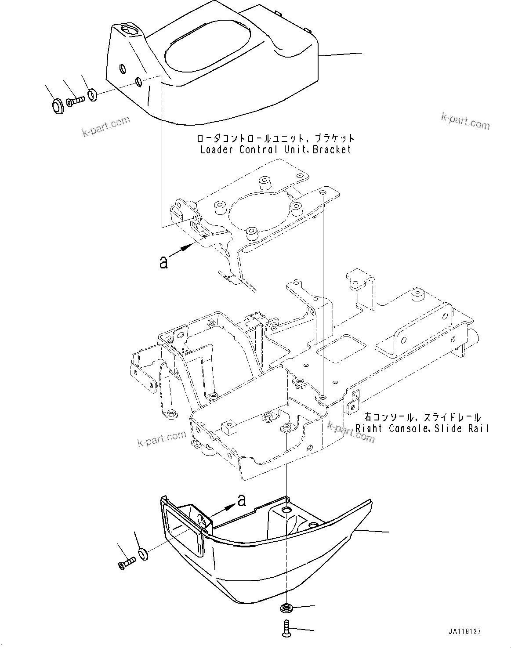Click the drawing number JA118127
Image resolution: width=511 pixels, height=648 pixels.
pyautogui.click(x=464, y=631)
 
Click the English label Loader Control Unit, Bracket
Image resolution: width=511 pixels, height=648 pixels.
pyautogui.click(x=276, y=150)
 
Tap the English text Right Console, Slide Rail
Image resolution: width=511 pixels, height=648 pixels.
pyautogui.click(x=422, y=428)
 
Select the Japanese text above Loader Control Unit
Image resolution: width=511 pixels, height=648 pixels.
pyautogui.click(x=276, y=138)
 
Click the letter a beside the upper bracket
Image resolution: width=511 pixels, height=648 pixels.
pyautogui.click(x=163, y=263)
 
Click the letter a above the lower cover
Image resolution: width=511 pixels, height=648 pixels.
pyautogui.click(x=241, y=500)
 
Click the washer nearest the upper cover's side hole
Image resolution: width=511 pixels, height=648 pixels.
pyautogui.click(x=92, y=94)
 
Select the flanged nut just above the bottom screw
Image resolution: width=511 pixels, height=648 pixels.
pyautogui.click(x=286, y=608)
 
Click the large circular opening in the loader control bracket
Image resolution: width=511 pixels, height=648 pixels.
pyautogui.click(x=261, y=211)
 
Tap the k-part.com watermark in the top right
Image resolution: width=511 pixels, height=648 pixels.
pyautogui.click(x=465, y=121)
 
